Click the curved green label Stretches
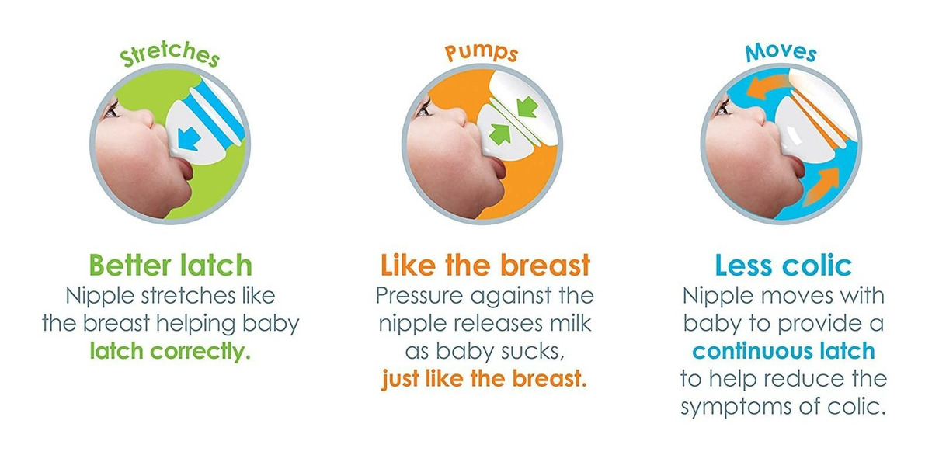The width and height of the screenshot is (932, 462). [169, 54]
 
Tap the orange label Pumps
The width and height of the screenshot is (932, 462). [482, 52]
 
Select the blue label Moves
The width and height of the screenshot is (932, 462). [781, 53]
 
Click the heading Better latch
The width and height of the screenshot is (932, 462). [171, 265]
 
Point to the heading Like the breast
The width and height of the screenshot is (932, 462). [485, 265]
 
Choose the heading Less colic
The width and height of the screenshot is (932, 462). [784, 265]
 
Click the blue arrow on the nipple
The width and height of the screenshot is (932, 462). [188, 139]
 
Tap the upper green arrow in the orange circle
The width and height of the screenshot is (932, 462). [527, 107]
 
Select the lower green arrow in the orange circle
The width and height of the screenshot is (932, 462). [499, 133]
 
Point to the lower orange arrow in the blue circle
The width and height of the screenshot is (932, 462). [820, 186]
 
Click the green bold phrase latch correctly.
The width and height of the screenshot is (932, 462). [170, 352]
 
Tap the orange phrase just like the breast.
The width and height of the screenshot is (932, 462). [485, 379]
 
